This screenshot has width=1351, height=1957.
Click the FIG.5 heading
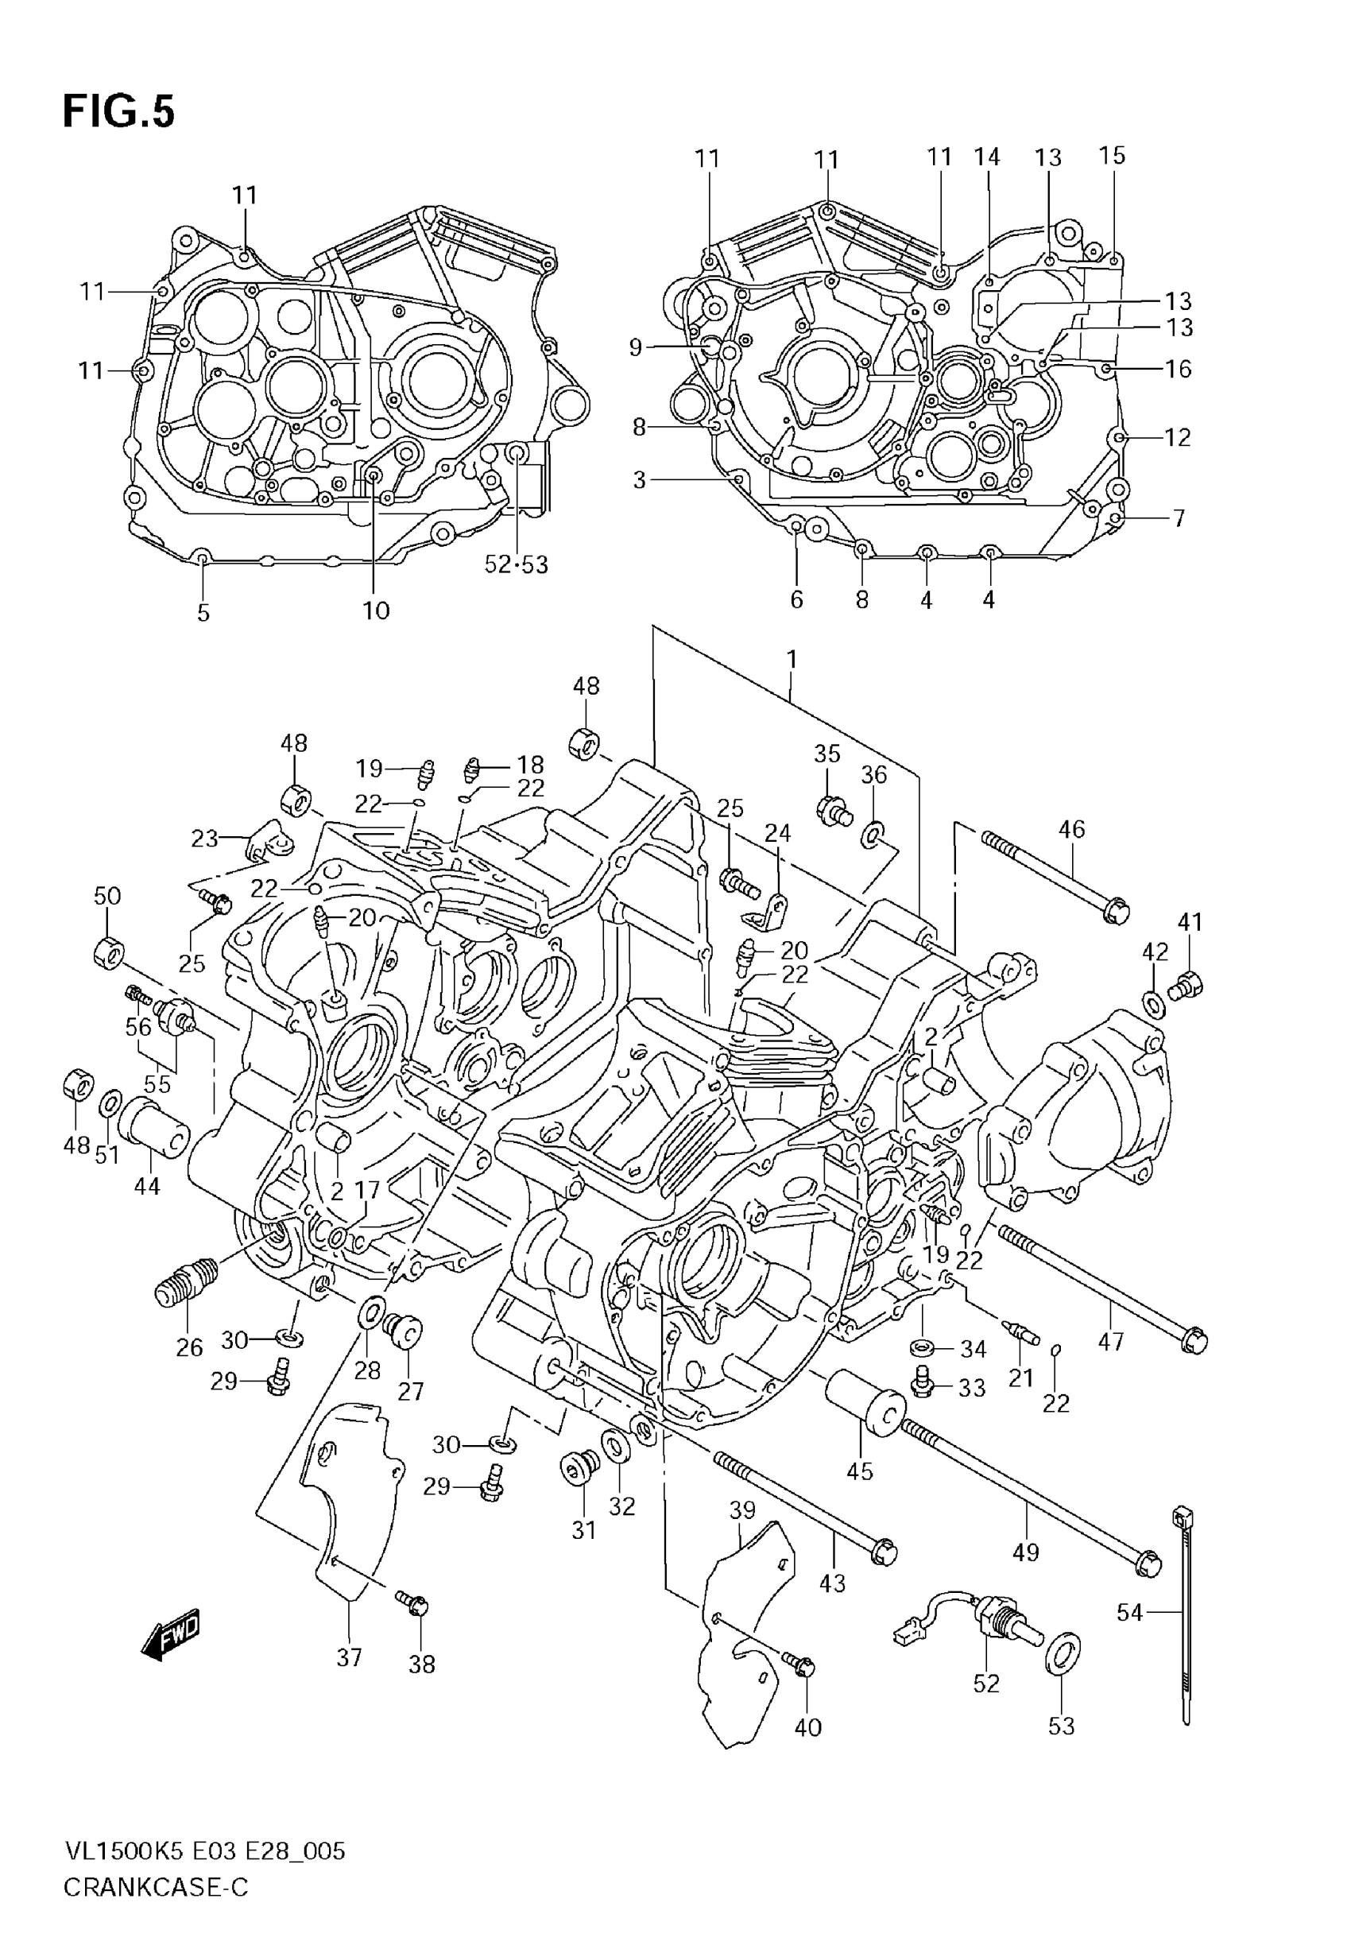point(118,112)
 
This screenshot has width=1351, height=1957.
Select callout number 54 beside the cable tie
point(1129,1613)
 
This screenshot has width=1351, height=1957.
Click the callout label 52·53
point(517,564)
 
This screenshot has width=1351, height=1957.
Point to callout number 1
point(792,657)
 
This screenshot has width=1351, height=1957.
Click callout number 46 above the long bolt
point(1071,829)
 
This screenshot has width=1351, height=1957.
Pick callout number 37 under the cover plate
point(349,1657)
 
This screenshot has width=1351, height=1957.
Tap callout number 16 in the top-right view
point(1178,368)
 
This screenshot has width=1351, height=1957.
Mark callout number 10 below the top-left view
point(376,610)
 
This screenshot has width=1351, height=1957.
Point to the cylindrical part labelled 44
point(153,1126)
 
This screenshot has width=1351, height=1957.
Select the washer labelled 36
point(872,835)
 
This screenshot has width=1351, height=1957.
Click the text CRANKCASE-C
point(156,1889)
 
